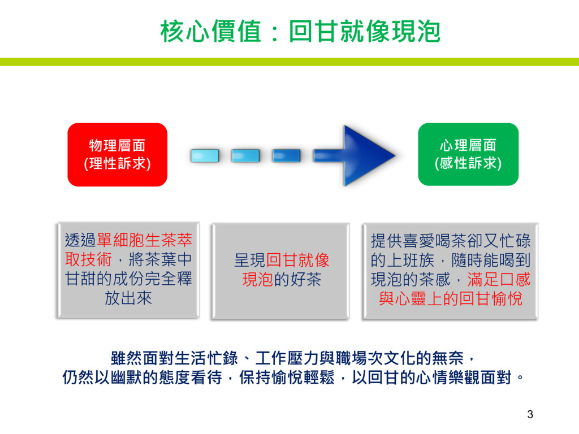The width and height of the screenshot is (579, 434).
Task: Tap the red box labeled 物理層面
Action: (x=117, y=154)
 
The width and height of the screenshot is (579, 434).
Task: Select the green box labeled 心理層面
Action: (x=468, y=154)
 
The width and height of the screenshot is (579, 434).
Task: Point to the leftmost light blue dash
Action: (x=205, y=155)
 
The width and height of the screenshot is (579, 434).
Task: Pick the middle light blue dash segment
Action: (x=245, y=155)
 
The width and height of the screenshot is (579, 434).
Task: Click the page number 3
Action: (x=530, y=414)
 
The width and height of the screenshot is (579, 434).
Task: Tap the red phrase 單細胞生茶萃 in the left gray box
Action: (x=145, y=241)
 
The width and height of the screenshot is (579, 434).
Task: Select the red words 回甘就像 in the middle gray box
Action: (x=297, y=261)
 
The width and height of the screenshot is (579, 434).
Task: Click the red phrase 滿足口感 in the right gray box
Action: (x=499, y=279)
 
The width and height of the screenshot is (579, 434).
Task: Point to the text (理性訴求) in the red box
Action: (x=117, y=164)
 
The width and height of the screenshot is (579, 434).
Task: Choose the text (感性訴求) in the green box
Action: (x=468, y=164)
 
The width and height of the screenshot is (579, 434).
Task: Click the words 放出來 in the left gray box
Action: (x=128, y=298)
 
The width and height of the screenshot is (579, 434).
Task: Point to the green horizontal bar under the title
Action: (x=289, y=62)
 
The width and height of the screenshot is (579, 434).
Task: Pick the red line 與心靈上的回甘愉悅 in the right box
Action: (x=451, y=298)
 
